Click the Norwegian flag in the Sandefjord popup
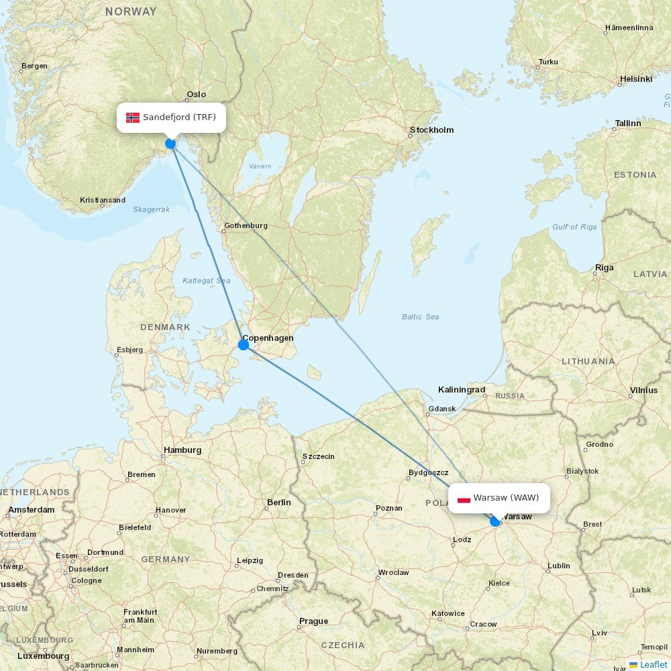click(133, 117)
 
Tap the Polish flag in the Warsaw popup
click(464, 499)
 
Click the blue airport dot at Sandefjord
click(170, 144)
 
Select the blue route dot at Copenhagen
click(244, 345)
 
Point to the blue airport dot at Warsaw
click(495, 521)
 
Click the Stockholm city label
click(431, 130)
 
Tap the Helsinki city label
click(635, 79)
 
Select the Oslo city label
click(197, 95)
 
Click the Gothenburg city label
click(246, 226)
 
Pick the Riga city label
click(604, 268)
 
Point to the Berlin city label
click(279, 503)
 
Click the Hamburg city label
click(182, 450)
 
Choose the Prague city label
click(313, 621)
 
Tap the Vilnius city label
click(643, 391)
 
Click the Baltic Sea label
click(421, 317)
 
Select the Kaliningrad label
click(462, 390)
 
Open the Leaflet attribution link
click(653, 664)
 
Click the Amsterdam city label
click(31, 510)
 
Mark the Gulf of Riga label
click(574, 227)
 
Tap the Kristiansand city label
click(103, 200)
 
